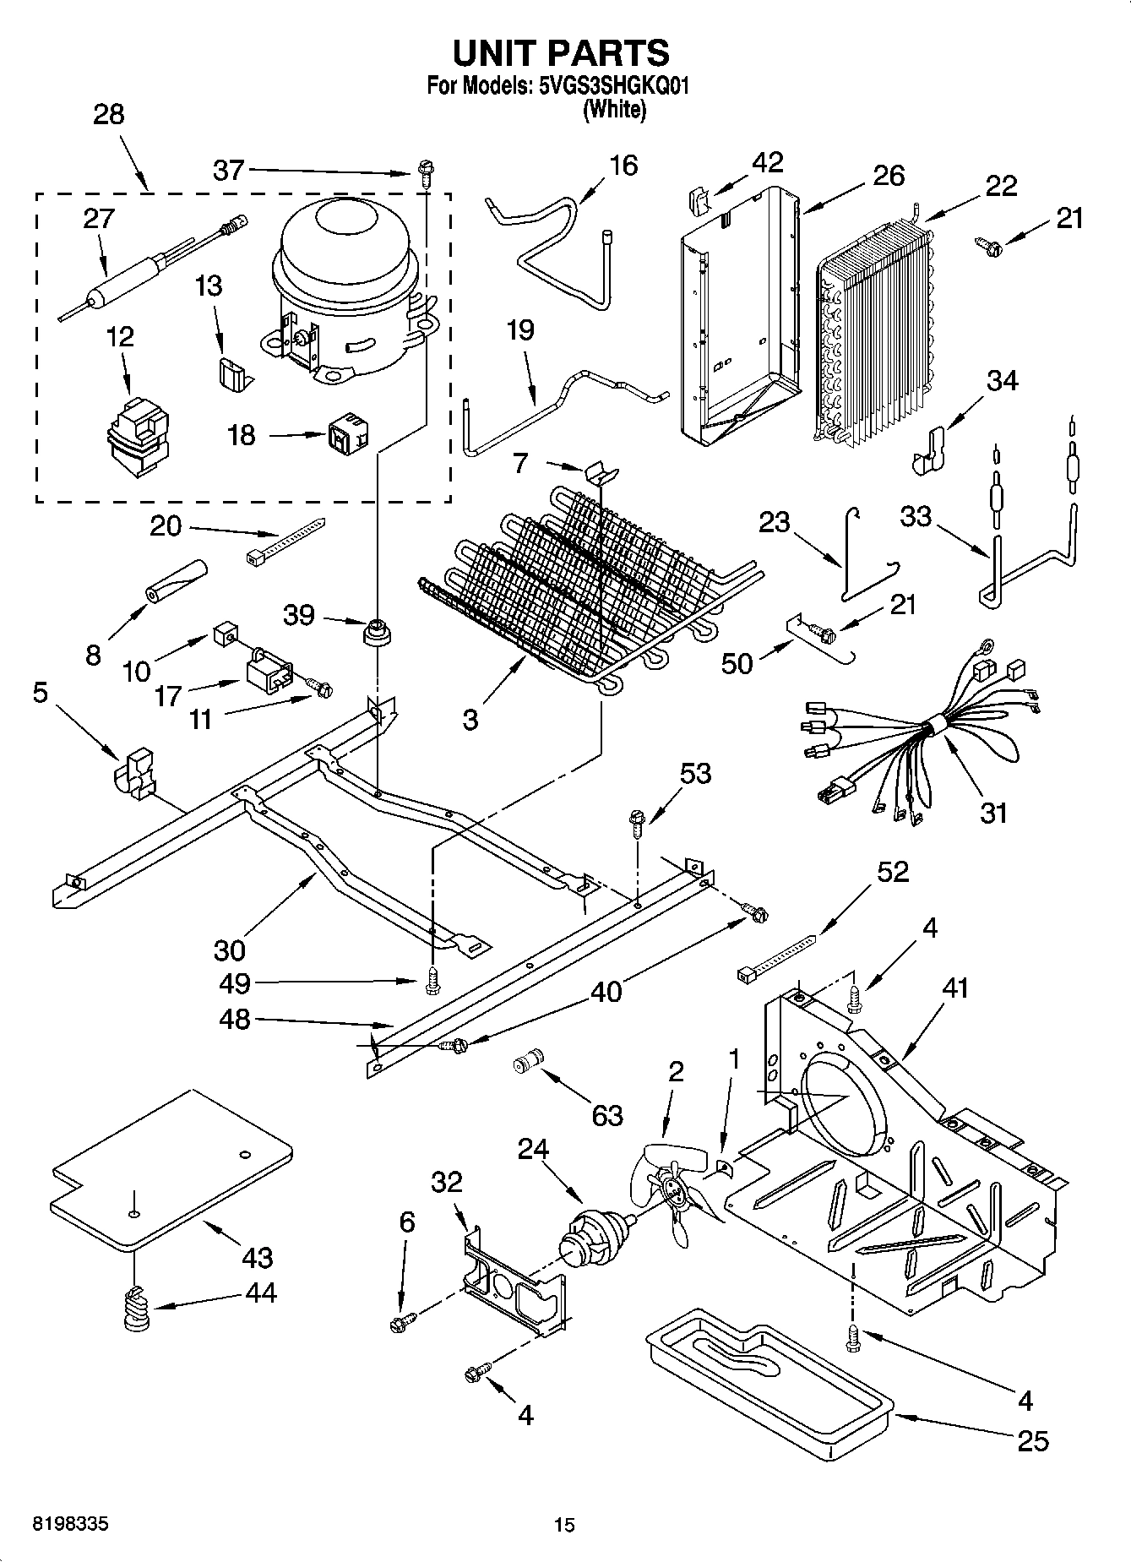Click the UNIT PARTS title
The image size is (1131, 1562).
[561, 52]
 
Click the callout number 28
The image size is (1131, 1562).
[108, 115]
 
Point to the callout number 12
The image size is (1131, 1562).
[120, 336]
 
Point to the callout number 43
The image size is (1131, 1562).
[258, 1257]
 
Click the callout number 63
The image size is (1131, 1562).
[607, 1114]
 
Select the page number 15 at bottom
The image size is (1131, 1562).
[564, 1525]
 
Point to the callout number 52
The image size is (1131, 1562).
[892, 871]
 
